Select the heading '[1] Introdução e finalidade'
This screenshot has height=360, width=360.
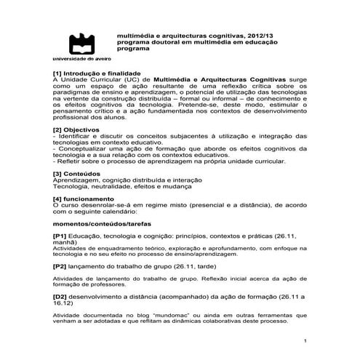(95, 73)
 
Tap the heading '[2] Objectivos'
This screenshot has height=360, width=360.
(76, 129)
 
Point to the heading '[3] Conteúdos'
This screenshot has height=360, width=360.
(76, 175)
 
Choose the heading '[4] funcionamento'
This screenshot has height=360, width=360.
(84, 199)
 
